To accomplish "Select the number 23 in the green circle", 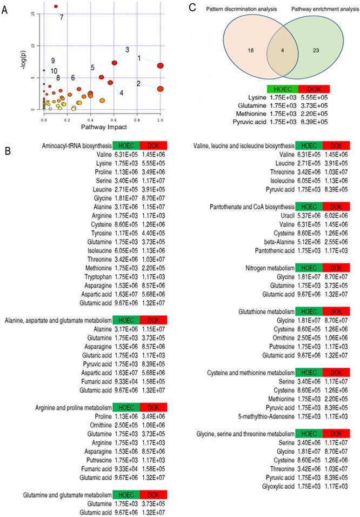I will coord(315,50).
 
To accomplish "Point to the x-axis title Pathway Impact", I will coord(102,127).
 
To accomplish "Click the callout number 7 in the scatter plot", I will coord(62,17).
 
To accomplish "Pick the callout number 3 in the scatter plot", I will coord(127,50).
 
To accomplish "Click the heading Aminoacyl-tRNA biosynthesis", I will coord(76,145).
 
